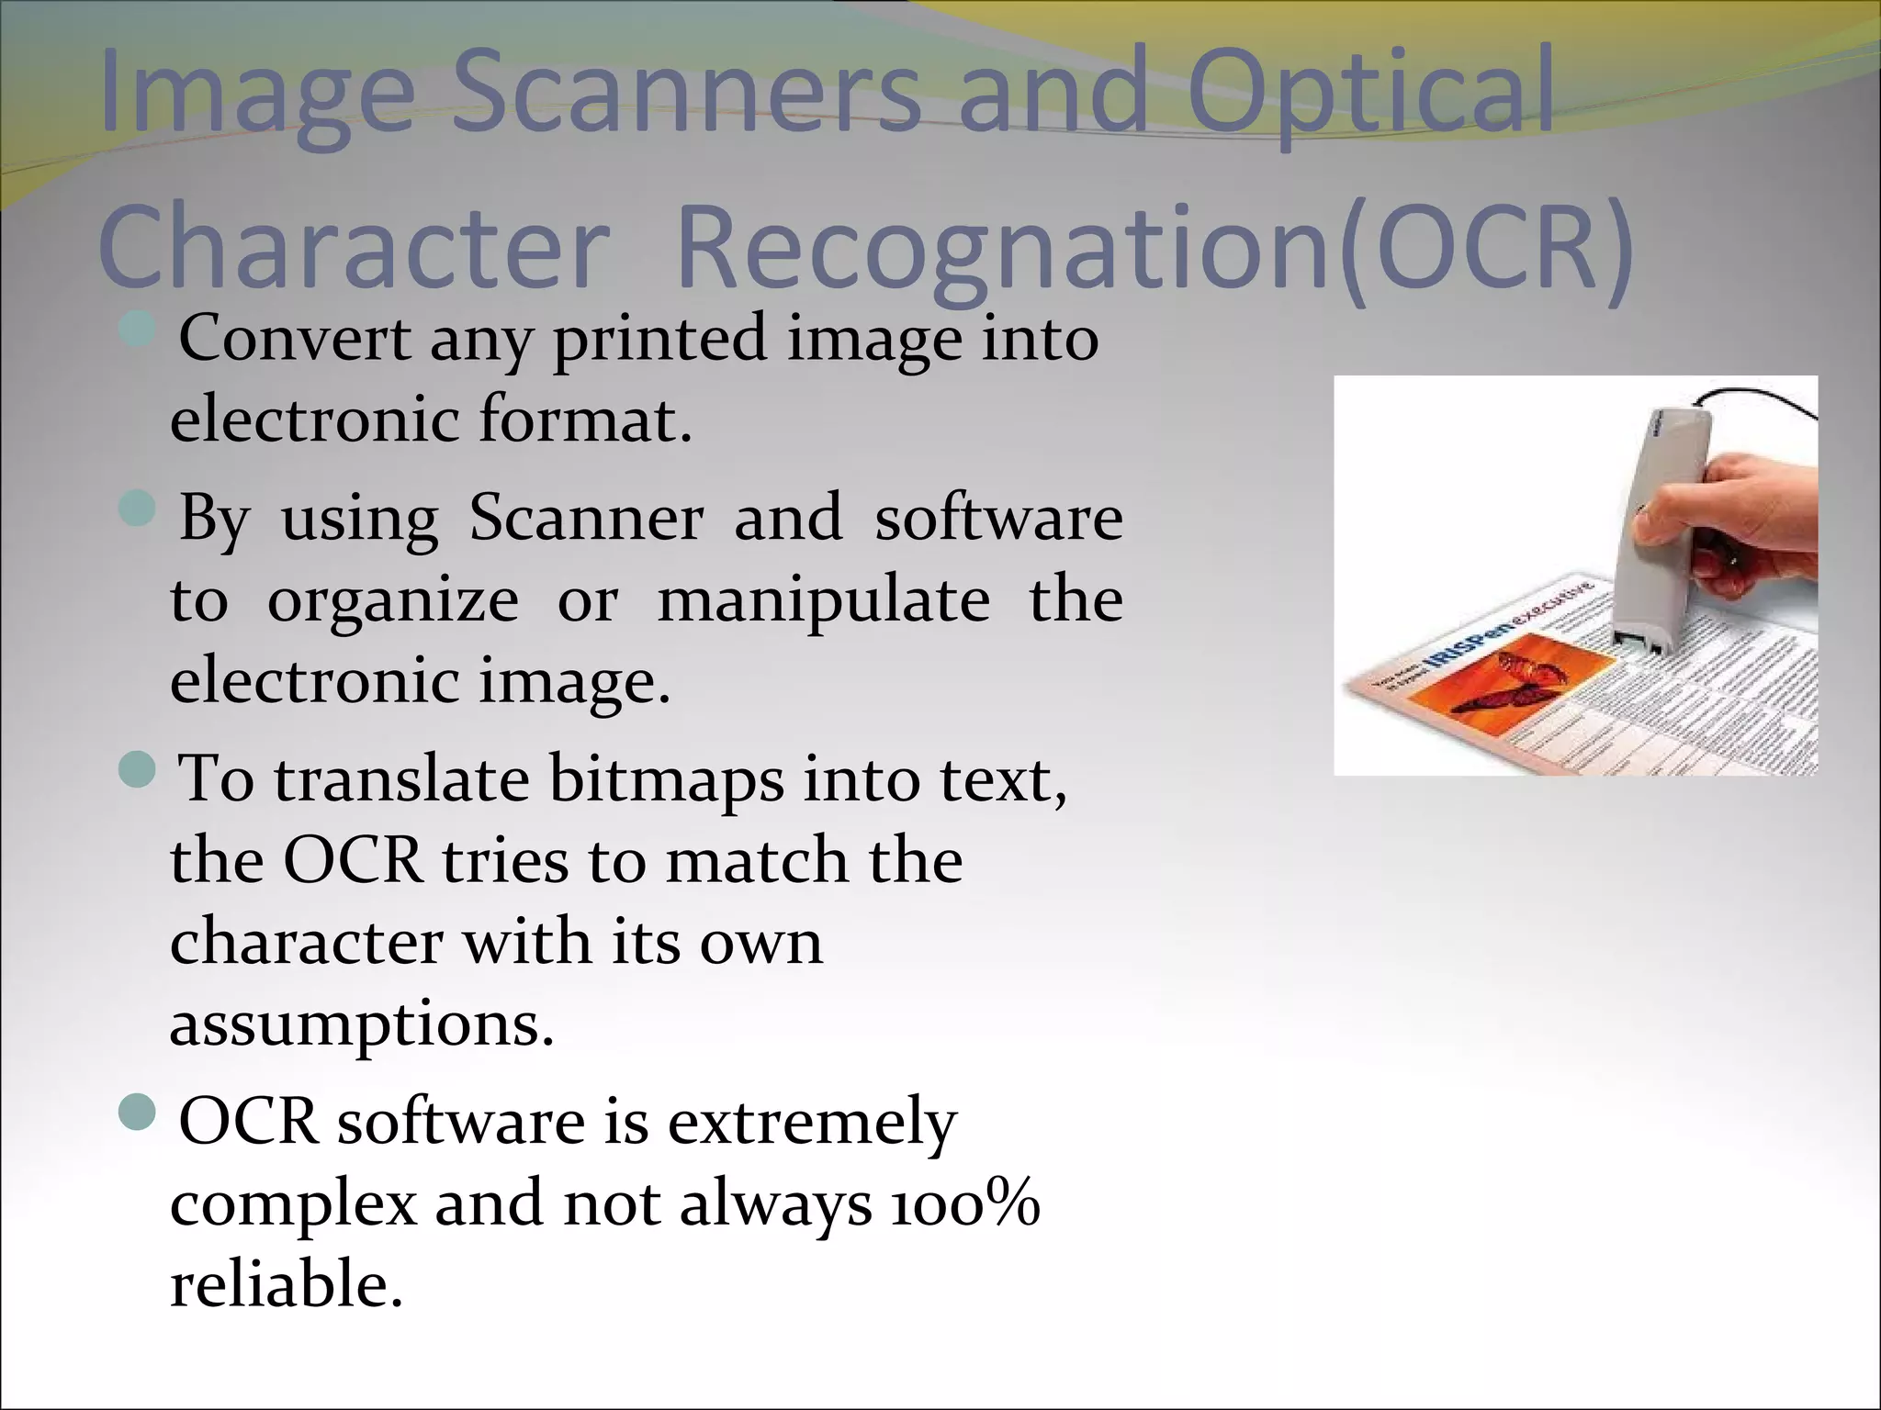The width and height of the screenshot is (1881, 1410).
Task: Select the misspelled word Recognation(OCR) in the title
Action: (x=1153, y=248)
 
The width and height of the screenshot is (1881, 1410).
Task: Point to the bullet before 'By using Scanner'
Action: (x=138, y=507)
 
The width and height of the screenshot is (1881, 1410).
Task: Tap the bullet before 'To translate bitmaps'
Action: (x=138, y=768)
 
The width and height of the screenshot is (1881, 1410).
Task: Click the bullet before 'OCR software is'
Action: (x=138, y=1112)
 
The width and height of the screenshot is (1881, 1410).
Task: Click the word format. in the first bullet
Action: (x=584, y=419)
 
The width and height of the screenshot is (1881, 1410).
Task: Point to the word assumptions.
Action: (x=362, y=1023)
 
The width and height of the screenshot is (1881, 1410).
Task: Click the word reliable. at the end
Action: (x=287, y=1283)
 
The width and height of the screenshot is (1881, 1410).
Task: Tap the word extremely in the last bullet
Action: (x=812, y=1122)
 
